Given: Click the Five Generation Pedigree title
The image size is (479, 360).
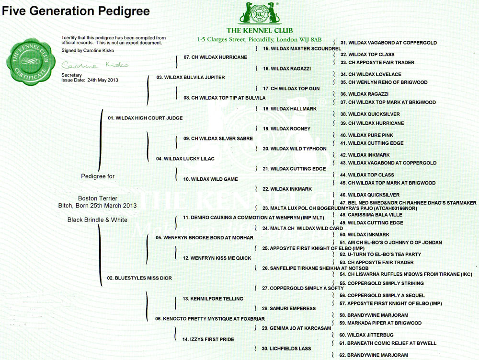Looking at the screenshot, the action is click(x=76, y=11).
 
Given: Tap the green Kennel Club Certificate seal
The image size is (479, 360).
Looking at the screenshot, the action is click(x=31, y=61).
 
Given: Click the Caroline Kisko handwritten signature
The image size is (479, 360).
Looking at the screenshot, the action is click(x=95, y=65).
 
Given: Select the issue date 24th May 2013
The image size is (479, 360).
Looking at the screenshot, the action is click(x=103, y=80).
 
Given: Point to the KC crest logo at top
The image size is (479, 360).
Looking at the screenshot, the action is click(x=260, y=13).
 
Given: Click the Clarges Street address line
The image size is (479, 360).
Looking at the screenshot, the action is click(x=259, y=39).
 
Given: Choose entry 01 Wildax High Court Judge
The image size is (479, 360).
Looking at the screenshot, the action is click(x=145, y=118).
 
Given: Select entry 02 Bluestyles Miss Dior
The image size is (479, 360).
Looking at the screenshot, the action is click(x=139, y=278).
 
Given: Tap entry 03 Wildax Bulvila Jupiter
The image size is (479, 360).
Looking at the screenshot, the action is click(x=191, y=77).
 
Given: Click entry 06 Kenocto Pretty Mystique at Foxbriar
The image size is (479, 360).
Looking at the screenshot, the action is click(x=210, y=319).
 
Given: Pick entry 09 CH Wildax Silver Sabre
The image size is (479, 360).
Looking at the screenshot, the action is click(x=218, y=139).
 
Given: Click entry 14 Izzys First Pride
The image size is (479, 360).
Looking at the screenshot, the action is click(x=208, y=339).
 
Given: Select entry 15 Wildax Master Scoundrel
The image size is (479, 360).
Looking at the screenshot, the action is click(x=302, y=48).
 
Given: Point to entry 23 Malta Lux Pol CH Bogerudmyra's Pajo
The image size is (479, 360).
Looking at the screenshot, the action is click(x=340, y=209).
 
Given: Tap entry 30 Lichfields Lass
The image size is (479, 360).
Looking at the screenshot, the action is click(x=286, y=348).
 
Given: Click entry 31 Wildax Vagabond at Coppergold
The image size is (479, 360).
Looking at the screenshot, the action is click(x=388, y=43).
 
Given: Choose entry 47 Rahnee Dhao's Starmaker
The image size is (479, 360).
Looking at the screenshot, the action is click(x=408, y=203).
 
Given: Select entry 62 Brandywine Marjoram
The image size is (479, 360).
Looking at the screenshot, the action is click(x=374, y=355).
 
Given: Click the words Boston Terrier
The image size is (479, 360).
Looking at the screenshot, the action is click(x=98, y=198).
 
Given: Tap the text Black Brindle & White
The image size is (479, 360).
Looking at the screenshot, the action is click(x=97, y=220).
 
